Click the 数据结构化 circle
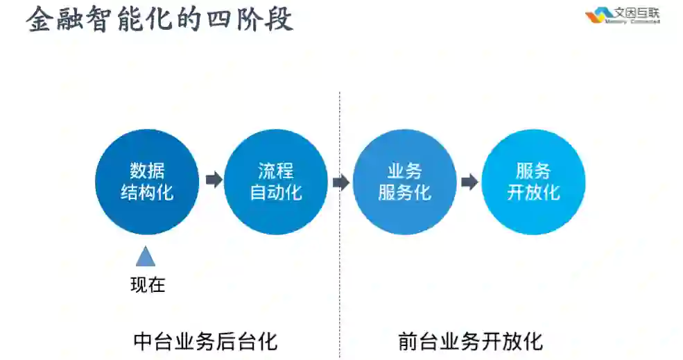point(146,182)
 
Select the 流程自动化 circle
point(275,182)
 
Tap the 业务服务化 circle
point(404,182)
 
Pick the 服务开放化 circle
point(533,182)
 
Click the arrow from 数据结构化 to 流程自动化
point(214,180)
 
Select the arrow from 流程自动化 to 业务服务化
point(340,182)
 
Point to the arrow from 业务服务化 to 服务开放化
point(469,182)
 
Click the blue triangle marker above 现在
point(146,256)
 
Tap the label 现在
point(148,284)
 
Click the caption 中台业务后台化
point(205,341)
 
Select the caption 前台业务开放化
point(470,341)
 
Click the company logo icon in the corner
point(595,15)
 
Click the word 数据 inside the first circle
point(147,171)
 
